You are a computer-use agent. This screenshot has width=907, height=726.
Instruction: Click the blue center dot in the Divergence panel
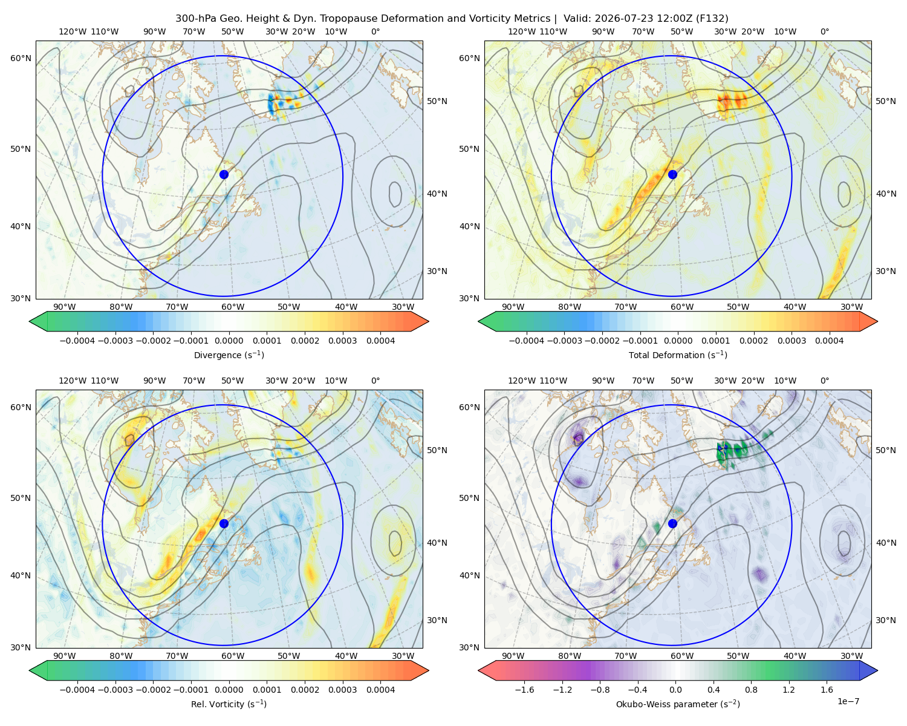(224, 174)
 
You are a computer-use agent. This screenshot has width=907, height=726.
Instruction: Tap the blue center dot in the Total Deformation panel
(672, 174)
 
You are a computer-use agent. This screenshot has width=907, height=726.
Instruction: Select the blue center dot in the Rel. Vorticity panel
(224, 523)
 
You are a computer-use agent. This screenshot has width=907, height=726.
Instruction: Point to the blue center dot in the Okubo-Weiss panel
(672, 523)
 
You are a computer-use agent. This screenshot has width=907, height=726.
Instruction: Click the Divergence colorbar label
(229, 355)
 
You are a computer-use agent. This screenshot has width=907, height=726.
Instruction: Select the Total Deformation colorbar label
(678, 355)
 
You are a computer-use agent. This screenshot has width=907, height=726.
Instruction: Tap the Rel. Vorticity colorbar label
(229, 704)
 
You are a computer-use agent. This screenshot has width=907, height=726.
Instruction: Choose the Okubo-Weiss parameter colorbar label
(678, 704)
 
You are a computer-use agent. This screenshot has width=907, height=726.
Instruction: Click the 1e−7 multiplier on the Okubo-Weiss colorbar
(848, 701)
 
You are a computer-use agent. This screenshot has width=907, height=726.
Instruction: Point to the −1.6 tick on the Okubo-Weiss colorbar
(524, 690)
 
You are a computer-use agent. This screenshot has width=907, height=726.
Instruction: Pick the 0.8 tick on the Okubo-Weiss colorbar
(751, 690)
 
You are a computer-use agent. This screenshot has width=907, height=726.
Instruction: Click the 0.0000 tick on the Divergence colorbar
(229, 341)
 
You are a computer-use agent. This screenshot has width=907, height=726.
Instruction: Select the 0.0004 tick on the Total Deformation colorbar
(830, 341)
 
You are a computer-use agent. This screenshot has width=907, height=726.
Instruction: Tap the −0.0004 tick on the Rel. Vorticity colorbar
(77, 690)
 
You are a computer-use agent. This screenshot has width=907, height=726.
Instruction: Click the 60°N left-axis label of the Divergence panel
(21, 58)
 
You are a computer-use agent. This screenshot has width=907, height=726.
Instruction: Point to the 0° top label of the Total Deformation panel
(824, 31)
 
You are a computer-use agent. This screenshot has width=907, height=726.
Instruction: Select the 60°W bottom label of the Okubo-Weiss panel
(681, 656)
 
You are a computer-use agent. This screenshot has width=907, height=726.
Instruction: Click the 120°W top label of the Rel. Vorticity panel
(73, 381)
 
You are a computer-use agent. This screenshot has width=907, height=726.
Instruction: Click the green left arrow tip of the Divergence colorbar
(30, 321)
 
